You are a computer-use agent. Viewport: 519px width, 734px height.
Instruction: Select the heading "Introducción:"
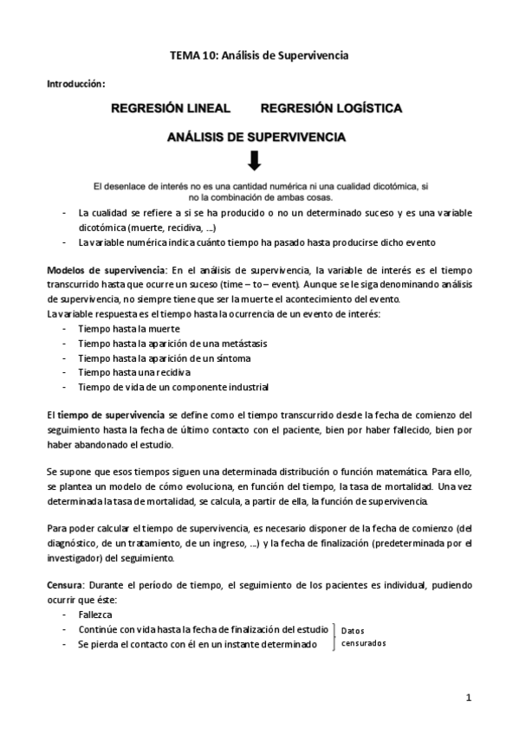75,84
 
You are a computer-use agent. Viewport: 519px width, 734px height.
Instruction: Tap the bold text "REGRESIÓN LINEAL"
170,109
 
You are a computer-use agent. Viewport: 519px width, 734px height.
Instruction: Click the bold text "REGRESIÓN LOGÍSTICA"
330,109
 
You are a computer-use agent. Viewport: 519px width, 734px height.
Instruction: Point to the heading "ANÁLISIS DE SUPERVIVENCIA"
257,136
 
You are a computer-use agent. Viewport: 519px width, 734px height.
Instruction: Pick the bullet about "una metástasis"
172,344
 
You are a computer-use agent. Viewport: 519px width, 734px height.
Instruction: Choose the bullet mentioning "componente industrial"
173,386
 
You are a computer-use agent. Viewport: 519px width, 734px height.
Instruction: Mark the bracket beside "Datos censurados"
334,636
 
